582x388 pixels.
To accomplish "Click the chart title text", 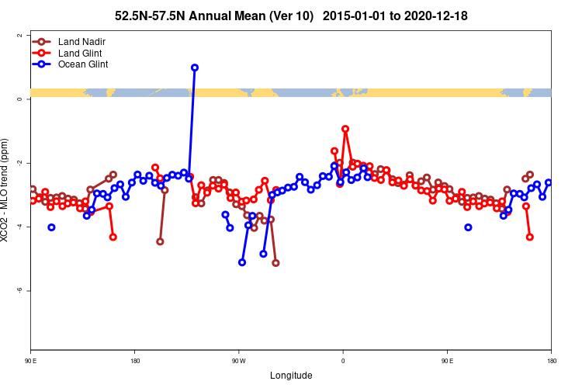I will (x=291, y=16).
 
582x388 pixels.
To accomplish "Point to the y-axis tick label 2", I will (x=19, y=35).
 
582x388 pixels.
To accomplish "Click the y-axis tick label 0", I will (x=19, y=99).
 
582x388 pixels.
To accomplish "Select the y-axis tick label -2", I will (x=19, y=163).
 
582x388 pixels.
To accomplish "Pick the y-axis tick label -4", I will (x=19, y=227).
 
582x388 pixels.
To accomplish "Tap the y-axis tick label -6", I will (x=19, y=290).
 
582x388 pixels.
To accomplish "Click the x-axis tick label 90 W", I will (x=238, y=361).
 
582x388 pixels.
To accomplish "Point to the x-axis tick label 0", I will (x=343, y=361).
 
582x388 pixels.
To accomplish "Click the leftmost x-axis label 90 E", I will (x=30, y=361).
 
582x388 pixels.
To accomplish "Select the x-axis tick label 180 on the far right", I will (x=551, y=361).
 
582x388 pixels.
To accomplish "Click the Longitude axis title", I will (x=291, y=376).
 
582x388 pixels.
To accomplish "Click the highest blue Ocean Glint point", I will (x=194, y=68).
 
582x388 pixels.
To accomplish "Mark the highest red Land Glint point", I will (x=345, y=129).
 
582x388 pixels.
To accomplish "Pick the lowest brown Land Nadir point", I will (x=275, y=263).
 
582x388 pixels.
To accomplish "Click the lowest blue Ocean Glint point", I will (x=242, y=262).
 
